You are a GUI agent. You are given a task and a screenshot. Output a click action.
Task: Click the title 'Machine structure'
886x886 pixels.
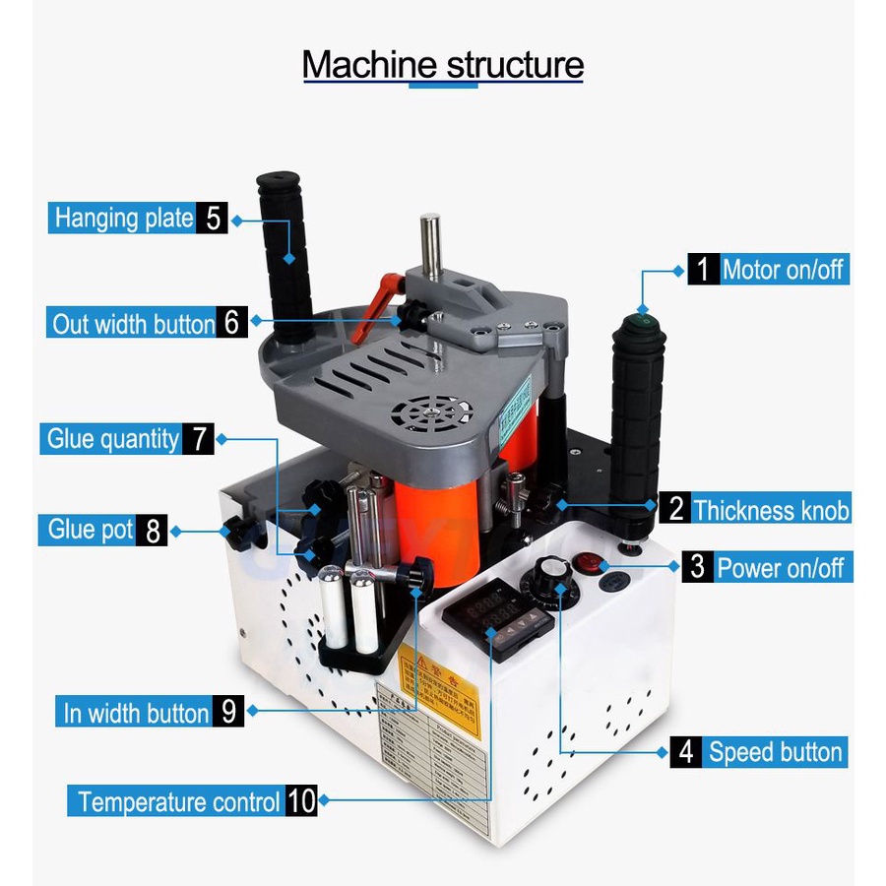pos(442,65)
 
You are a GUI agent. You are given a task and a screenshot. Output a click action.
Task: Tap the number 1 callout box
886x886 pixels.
pos(703,269)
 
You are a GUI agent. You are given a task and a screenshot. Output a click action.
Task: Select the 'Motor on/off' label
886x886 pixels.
pos(784,269)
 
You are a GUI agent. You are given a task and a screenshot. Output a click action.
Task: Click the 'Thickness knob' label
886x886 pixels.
pos(771,510)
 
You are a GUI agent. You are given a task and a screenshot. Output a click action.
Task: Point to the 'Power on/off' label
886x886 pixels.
pos(780,568)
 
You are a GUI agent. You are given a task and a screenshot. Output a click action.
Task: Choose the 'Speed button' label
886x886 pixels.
pos(776,753)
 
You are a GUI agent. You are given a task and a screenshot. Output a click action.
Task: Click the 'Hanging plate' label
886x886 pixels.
pos(123,217)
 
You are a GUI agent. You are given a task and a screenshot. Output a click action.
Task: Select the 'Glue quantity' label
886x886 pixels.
pos(113,439)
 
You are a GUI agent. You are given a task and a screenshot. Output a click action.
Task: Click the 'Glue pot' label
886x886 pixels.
pos(91,531)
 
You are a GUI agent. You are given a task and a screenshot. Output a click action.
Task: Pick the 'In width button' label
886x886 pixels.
pos(136,712)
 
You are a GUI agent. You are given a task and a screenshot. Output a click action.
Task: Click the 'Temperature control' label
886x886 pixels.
pos(178,801)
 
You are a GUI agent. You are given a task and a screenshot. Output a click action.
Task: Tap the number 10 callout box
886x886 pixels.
pos(302,801)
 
